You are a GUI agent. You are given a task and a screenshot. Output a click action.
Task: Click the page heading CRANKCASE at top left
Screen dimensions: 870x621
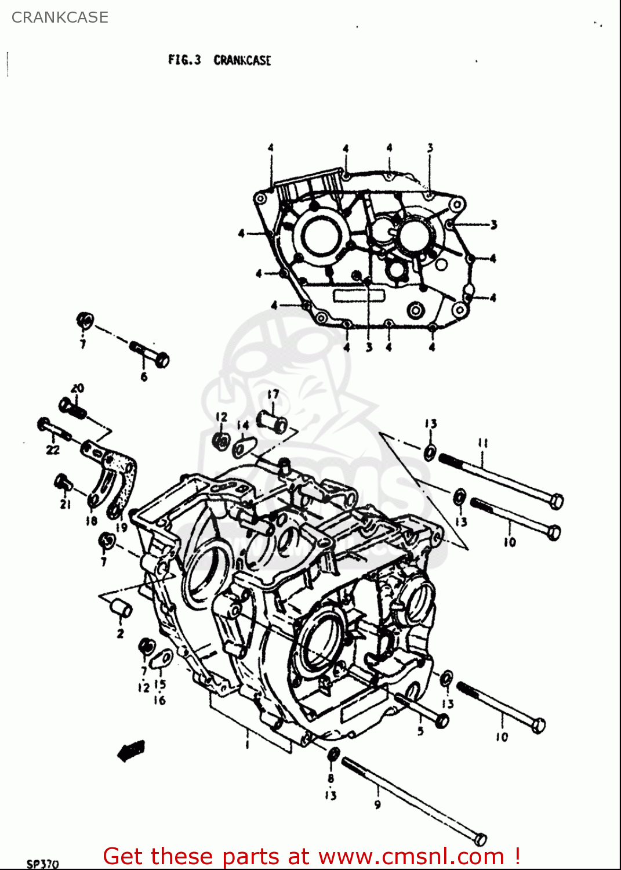(60, 17)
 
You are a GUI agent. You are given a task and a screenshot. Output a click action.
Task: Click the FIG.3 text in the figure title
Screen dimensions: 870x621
(184, 60)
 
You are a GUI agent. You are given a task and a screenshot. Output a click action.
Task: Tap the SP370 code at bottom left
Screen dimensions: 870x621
(43, 864)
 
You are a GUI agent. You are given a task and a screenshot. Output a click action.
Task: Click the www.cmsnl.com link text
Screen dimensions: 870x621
(411, 856)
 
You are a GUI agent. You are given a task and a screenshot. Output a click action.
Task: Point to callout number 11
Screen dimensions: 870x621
(482, 443)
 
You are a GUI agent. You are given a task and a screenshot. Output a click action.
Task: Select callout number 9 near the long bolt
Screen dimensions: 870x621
(377, 804)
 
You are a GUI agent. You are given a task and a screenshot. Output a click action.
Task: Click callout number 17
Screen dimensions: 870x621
(273, 394)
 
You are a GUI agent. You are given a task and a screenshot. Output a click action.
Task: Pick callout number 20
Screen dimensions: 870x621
(77, 388)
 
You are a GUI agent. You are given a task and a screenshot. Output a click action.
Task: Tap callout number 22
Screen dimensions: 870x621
(53, 449)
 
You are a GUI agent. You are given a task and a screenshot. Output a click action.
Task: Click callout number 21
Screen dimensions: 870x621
(66, 504)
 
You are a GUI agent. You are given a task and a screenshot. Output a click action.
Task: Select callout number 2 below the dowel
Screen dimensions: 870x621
(120, 633)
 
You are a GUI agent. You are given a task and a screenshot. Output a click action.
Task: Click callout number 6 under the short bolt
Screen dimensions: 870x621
(144, 377)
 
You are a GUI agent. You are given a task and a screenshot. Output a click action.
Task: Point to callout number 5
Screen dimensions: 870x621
(420, 731)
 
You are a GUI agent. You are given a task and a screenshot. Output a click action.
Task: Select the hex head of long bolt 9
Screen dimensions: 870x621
(480, 839)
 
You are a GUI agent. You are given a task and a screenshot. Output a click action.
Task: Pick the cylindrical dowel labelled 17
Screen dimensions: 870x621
(272, 422)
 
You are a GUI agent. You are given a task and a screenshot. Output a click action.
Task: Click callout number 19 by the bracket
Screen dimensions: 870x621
(121, 527)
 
